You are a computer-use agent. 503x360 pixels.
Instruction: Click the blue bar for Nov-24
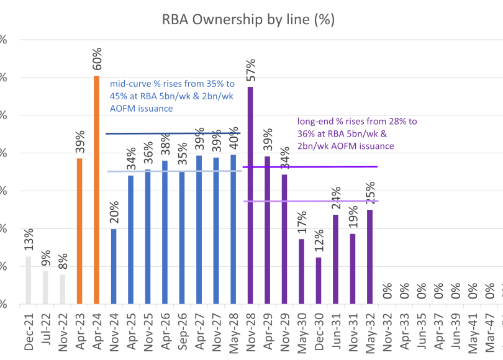(114, 266)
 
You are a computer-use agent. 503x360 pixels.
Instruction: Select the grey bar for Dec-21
(29, 280)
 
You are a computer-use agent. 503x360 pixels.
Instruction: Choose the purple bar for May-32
(369, 257)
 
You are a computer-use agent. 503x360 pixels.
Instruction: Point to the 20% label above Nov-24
(114, 213)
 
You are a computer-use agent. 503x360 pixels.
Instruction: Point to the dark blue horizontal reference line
(174, 133)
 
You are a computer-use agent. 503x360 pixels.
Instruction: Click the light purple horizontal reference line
(310, 201)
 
